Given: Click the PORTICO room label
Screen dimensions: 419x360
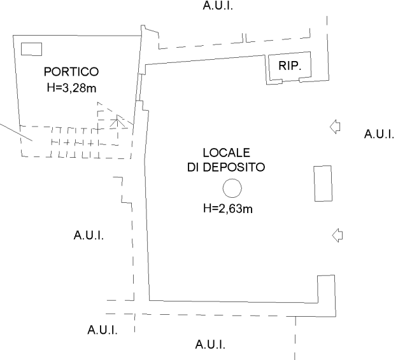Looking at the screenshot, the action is (x=71, y=72).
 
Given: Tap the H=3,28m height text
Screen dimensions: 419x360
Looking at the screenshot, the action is (x=71, y=88).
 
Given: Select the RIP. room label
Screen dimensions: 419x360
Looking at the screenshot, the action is (x=290, y=66).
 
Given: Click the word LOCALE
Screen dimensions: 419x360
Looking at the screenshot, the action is (x=226, y=153).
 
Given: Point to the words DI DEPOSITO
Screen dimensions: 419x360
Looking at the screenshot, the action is (x=226, y=167).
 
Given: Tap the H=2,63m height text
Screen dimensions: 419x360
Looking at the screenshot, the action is (x=228, y=209).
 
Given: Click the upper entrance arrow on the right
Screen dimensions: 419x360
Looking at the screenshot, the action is (x=335, y=127).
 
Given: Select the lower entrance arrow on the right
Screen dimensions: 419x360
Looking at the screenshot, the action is (x=337, y=235).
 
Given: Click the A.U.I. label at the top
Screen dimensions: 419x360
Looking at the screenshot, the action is (x=218, y=5).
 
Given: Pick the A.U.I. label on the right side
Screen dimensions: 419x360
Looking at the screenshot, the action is (x=379, y=134).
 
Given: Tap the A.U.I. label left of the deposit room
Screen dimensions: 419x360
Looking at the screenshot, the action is (x=89, y=235).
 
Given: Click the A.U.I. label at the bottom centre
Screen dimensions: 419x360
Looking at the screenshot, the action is (x=210, y=345).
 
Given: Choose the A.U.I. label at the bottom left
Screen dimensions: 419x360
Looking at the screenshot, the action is (x=103, y=330).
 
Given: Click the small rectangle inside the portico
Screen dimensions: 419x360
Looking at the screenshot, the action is (x=32, y=49).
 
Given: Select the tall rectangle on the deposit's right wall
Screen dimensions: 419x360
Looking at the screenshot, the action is (x=323, y=183).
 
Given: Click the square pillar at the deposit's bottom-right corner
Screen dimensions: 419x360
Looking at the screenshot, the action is (x=326, y=296).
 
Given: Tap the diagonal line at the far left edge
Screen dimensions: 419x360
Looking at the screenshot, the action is (x=17, y=132).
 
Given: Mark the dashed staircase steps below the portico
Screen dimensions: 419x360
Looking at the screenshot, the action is (x=76, y=142).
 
